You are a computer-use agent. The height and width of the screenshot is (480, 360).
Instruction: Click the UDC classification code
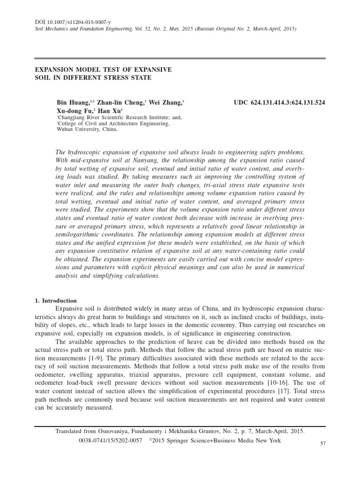pyautogui.click(x=279, y=102)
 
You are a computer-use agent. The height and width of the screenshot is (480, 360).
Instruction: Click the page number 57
pyautogui.click(x=322, y=443)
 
